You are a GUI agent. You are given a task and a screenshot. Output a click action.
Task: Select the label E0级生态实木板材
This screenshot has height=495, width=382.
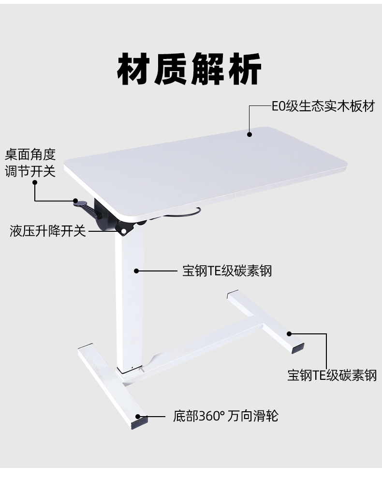pos(323,106)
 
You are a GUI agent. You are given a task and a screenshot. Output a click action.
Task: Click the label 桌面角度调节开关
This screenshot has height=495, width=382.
pos(30,163)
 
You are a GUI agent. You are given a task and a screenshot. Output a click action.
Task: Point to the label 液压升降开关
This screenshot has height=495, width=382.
pos(47,231)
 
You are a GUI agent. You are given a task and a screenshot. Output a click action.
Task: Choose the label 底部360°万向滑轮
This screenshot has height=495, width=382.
pos(225,416)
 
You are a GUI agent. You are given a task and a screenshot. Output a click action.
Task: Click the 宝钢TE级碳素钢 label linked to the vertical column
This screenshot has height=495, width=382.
pos(227,270)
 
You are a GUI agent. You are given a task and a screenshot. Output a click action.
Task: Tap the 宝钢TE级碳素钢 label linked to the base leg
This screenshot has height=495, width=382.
pos(332,375)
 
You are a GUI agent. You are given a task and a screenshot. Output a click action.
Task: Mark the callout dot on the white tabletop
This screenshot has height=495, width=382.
pos(250,134)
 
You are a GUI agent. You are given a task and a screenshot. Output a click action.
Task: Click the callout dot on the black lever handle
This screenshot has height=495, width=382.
pos(75,200)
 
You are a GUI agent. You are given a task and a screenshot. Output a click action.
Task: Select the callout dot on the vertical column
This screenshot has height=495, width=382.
pos(137,270)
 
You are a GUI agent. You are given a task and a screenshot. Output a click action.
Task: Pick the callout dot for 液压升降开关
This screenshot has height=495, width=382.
pos(124,231)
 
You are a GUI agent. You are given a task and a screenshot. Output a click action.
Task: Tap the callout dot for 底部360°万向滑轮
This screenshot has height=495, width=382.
pos(138,416)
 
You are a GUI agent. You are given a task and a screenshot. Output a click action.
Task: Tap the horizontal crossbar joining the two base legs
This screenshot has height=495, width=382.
pos(203,344)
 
